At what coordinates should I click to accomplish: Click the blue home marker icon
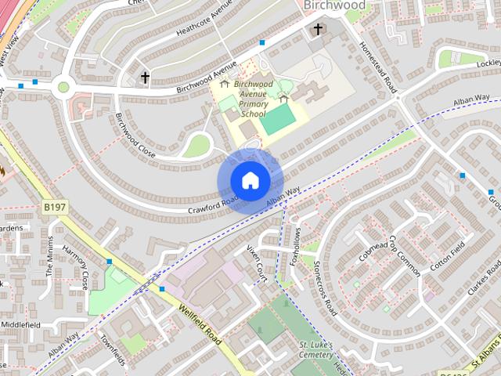(x=250, y=180)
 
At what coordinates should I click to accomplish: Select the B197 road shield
(x=54, y=207)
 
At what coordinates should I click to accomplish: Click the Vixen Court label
(x=258, y=262)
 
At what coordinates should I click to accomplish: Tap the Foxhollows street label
(x=294, y=248)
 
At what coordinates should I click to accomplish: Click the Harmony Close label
(x=75, y=268)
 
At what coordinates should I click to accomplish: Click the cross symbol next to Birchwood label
(x=318, y=30)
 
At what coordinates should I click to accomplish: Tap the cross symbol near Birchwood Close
(x=145, y=77)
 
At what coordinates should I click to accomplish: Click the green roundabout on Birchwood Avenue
(x=63, y=87)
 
